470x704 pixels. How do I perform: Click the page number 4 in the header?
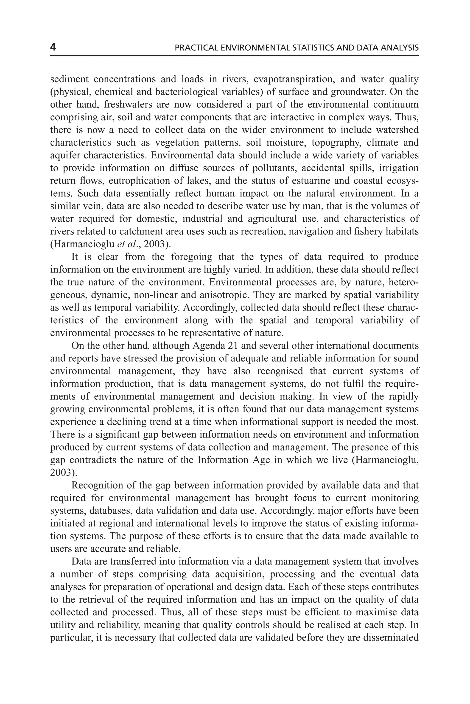coord(53,47)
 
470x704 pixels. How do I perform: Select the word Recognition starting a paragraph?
coord(97,485)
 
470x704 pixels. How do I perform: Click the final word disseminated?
coord(391,638)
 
